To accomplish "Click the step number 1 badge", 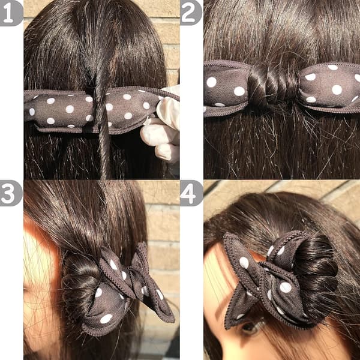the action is [10, 13].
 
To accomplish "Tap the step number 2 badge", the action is [191, 13].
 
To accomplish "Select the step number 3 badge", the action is [10, 193].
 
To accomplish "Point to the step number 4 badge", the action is [191, 193].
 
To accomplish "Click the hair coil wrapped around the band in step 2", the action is [273, 86].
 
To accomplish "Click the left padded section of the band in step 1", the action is [59, 110].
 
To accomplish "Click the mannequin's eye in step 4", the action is [251, 326].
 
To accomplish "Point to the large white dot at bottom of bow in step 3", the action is [106, 319].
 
